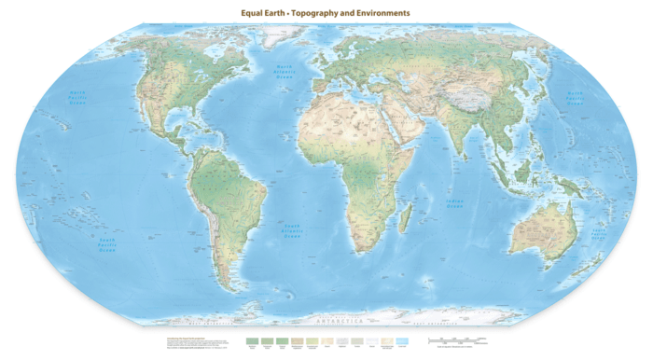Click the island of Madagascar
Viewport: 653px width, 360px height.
[x=406, y=220]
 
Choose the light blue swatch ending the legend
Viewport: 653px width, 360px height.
[x=403, y=342]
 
